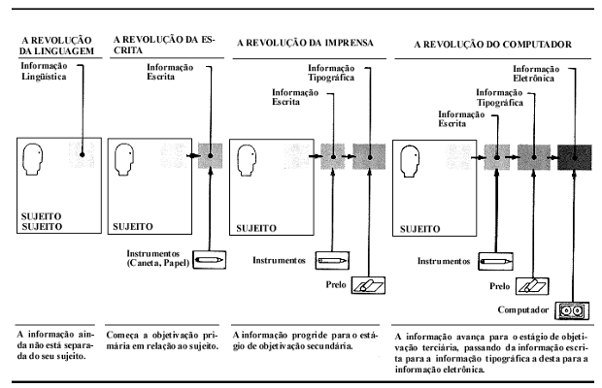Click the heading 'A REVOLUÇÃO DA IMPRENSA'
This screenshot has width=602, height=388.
point(305,43)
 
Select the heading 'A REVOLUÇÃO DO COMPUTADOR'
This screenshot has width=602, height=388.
point(492,45)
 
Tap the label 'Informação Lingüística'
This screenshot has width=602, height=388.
point(44,72)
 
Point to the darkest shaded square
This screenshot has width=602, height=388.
point(575,157)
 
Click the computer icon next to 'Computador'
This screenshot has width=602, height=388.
point(572,311)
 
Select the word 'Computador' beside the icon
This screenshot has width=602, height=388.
point(523,309)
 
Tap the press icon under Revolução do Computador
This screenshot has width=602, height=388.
point(532,286)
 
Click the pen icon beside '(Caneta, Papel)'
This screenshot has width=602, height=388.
point(209,260)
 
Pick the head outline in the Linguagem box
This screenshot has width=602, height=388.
point(33,159)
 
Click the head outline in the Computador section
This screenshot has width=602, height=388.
point(410,161)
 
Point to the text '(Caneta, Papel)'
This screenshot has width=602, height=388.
point(158,264)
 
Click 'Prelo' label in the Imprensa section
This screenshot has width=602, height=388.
point(336,284)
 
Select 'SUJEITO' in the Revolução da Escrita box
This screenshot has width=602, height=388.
point(133,227)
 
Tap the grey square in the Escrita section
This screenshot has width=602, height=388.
point(210,155)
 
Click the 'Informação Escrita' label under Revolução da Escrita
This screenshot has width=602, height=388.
point(170,72)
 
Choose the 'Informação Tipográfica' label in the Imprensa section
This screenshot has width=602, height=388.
point(331,73)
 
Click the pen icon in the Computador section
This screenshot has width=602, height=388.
point(495,262)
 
